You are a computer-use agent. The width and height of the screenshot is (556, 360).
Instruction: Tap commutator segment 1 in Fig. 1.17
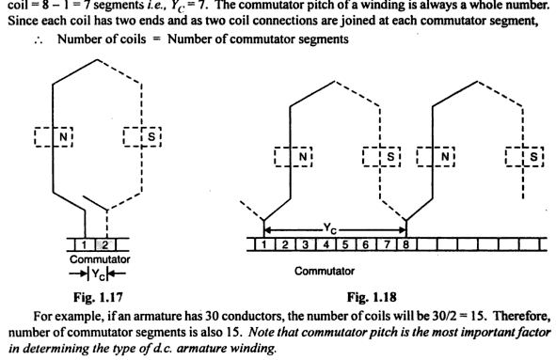[x=87, y=243]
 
